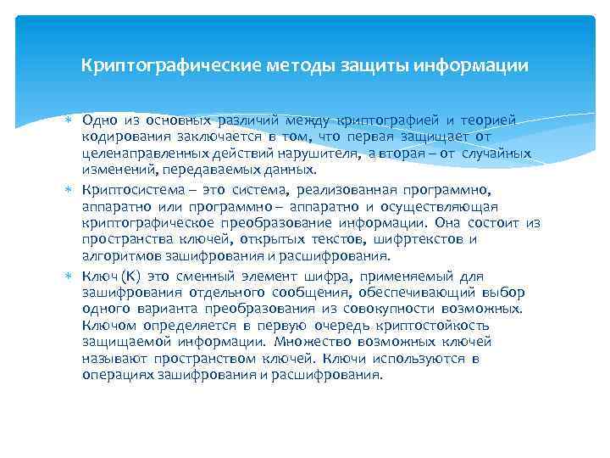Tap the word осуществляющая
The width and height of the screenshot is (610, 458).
click(446, 207)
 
